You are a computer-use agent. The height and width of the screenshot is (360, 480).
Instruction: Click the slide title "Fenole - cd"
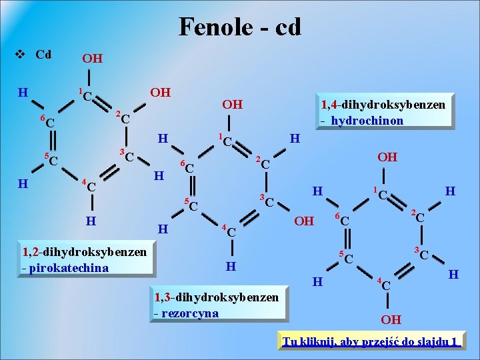point(240,27)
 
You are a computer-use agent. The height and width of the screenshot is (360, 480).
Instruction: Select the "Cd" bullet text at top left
point(43,54)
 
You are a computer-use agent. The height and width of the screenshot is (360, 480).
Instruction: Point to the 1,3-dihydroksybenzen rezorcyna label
point(216,305)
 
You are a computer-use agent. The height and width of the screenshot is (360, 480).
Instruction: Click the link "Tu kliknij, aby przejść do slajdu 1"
point(371,342)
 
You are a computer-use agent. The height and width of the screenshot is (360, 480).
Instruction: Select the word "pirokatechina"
point(69,268)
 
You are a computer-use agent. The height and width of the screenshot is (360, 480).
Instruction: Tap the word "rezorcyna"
point(190,313)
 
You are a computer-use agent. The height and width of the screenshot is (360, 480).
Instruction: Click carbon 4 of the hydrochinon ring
point(385,284)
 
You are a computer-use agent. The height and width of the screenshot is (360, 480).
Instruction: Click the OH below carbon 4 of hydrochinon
point(391,319)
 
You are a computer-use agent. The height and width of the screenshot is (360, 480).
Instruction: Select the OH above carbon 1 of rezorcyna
point(232,105)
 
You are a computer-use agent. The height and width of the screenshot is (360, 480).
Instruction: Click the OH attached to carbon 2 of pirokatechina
point(160,92)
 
